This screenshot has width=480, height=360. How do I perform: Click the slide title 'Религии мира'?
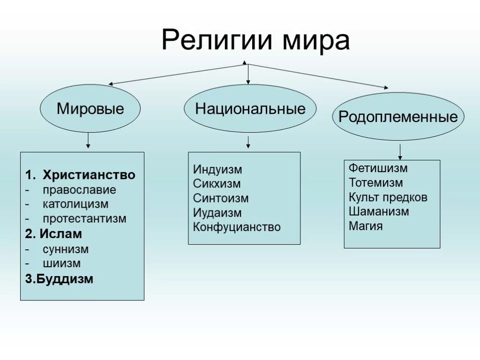coord(255,40)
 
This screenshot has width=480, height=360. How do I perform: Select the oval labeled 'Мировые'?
coord(90,109)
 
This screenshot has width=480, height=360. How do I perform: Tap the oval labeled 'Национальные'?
coord(250,109)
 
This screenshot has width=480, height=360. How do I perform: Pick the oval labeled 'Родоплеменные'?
coord(398,116)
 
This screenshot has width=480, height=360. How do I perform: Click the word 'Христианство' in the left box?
coord(89,175)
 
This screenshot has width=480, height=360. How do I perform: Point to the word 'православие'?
coord(79,190)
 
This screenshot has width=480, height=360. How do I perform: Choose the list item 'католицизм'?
coord(75,204)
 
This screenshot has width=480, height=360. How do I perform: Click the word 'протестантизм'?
coord(84,219)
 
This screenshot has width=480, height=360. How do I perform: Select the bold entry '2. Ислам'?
coord(53,233)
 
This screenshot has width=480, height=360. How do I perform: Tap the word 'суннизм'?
coord(66,249)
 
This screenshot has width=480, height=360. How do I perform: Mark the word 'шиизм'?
coord(61,263)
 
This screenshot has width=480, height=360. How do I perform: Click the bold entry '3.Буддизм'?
coord(59,279)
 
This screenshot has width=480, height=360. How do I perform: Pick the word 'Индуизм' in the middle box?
coord(217,170)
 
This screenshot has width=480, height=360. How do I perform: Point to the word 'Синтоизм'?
coord(221,199)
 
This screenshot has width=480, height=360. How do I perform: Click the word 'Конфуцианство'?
coord(237,227)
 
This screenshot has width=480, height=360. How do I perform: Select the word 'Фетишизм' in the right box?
coord(378,168)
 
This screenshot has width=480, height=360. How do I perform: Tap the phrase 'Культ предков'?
coord(388,197)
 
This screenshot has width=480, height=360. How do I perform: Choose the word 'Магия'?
coord(366,226)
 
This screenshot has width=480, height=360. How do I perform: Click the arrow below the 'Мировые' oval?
coord(88,141)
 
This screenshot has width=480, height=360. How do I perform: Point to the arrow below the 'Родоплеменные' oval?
coord(400,151)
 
